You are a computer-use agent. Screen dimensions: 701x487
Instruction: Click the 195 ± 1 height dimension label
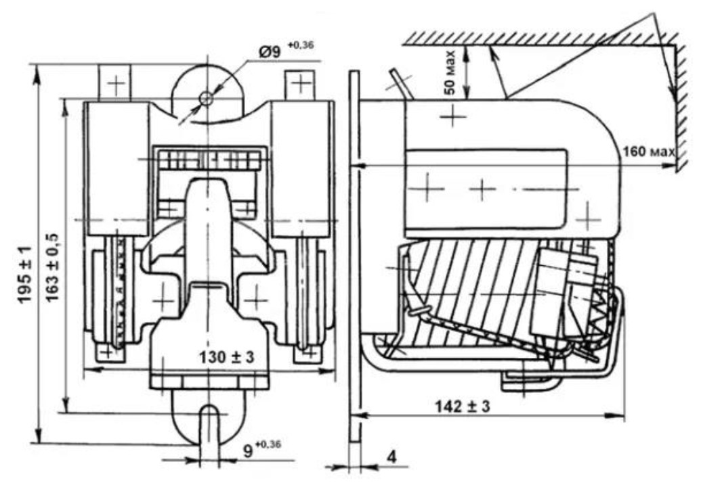(24, 273)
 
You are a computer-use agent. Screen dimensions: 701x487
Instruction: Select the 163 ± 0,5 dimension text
(53, 267)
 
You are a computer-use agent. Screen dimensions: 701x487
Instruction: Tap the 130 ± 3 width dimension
(226, 356)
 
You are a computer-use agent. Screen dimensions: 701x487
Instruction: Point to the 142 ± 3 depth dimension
(463, 407)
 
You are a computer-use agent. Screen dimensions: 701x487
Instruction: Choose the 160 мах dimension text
(648, 152)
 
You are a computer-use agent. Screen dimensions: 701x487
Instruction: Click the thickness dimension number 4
(391, 457)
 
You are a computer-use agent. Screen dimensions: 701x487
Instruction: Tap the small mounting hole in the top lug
(206, 98)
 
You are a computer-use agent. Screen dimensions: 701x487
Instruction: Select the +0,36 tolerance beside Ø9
(301, 45)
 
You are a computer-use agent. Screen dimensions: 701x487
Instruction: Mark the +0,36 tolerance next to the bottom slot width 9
(268, 445)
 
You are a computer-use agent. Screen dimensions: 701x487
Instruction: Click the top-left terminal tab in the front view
(114, 83)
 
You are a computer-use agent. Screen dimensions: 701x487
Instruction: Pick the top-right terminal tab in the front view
(300, 85)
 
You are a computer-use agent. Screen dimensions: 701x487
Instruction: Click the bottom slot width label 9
(248, 452)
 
